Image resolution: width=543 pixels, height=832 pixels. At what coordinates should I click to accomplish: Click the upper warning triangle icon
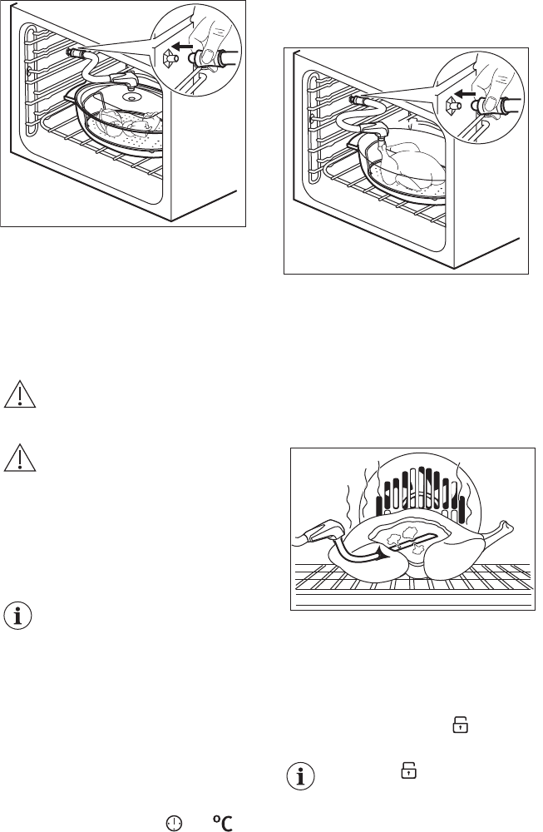click(20, 394)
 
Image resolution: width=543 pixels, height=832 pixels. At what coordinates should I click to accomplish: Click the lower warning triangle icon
click(20, 458)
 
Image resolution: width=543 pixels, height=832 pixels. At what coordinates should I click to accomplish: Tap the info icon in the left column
click(18, 617)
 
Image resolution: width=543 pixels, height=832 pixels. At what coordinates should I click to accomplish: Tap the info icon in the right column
click(301, 777)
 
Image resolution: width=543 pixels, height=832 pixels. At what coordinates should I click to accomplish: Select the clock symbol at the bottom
click(174, 823)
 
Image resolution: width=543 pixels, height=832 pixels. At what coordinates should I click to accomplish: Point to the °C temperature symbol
click(223, 823)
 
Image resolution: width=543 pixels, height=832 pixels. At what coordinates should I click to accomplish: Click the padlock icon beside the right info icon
click(408, 770)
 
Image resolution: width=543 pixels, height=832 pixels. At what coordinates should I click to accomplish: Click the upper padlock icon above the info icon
click(461, 725)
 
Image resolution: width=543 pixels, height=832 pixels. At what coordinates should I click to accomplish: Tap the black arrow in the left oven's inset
click(182, 47)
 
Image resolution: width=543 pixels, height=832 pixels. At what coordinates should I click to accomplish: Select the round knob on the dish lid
click(131, 97)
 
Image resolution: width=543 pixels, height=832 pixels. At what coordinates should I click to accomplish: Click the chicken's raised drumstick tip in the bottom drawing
click(508, 526)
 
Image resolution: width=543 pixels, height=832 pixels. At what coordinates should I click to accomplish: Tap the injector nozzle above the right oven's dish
click(374, 130)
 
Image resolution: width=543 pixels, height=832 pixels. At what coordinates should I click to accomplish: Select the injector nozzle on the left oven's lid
click(125, 80)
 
